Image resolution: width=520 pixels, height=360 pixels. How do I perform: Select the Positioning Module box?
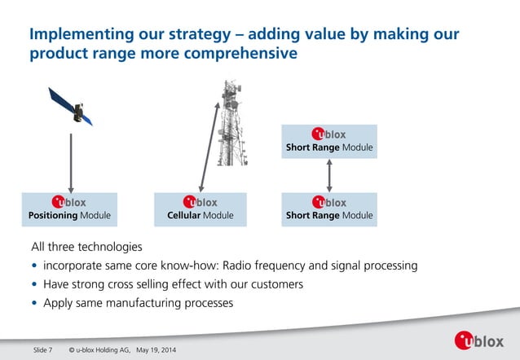[70, 209]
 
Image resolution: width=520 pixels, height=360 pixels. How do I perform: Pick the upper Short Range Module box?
[329, 140]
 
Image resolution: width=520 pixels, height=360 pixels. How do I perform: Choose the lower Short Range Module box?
[329, 209]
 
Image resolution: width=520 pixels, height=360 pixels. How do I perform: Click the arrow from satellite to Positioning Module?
[71, 160]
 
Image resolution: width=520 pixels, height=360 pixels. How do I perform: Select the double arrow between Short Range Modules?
[329, 174]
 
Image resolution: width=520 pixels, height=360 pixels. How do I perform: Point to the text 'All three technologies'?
[86, 247]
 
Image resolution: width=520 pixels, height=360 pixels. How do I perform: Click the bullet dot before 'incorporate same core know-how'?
[34, 266]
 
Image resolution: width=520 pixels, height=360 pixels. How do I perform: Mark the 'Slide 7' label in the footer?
[42, 350]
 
